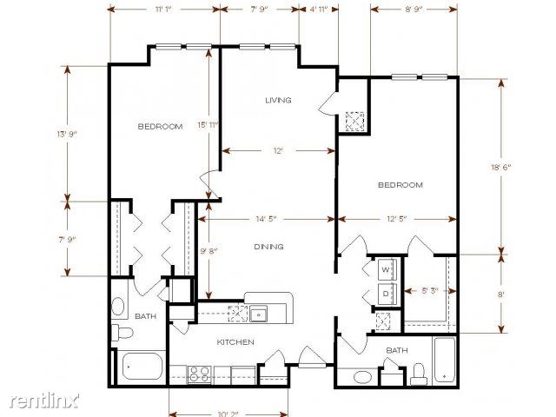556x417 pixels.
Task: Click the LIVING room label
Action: pos(278,101)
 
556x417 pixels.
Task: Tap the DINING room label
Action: pos(268,247)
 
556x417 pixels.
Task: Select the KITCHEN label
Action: pos(235,342)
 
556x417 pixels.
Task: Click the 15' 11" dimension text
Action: pos(208,125)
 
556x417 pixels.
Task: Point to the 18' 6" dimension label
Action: pos(500,168)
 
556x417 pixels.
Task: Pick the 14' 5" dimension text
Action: pos(266,219)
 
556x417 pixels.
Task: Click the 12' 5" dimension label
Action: pos(396,219)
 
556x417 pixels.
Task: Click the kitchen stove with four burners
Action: pos(199,374)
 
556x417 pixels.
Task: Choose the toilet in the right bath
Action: pos(419,374)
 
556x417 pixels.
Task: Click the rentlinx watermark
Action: pos(44,400)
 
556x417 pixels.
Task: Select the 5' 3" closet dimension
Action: pos(430,291)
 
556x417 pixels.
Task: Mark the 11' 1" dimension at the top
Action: pos(163,10)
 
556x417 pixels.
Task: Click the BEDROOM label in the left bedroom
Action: pos(160,126)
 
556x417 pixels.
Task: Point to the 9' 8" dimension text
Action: pos(208,251)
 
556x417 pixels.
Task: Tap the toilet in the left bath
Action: pos(122,333)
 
